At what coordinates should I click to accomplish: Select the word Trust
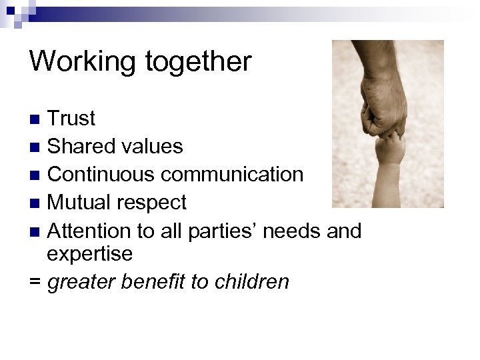(x=72, y=119)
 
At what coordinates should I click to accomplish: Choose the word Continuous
(x=101, y=175)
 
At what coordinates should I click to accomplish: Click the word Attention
(x=90, y=231)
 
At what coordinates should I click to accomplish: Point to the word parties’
(x=216, y=231)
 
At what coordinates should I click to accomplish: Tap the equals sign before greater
(x=35, y=282)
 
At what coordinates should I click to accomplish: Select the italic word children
(x=251, y=281)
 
